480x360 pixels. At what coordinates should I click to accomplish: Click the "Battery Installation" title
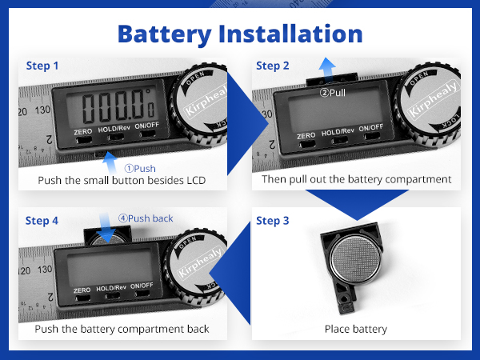tap(240, 34)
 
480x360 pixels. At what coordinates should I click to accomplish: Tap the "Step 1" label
tap(42, 66)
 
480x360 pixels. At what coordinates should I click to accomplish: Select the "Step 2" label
tap(273, 66)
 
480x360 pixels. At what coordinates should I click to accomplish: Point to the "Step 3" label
tap(273, 221)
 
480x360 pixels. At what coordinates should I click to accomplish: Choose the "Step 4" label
tap(42, 221)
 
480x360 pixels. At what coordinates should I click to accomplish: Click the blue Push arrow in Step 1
tap(110, 162)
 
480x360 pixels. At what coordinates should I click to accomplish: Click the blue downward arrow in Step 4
tap(106, 228)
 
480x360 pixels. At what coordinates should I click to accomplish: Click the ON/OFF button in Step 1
tap(148, 134)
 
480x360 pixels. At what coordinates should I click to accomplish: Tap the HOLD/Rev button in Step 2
tap(339, 140)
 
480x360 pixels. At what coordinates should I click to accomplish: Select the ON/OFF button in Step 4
tap(142, 293)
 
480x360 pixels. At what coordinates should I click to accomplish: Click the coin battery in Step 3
tap(355, 258)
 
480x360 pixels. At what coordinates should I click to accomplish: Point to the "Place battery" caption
tap(356, 329)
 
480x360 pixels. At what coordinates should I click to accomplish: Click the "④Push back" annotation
tap(146, 218)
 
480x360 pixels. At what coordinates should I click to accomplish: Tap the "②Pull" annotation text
tap(333, 93)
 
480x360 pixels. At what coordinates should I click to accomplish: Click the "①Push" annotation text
tap(140, 168)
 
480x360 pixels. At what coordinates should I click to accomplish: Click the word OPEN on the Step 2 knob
tap(418, 78)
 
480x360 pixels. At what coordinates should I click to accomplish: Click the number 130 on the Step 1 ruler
tap(42, 110)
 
